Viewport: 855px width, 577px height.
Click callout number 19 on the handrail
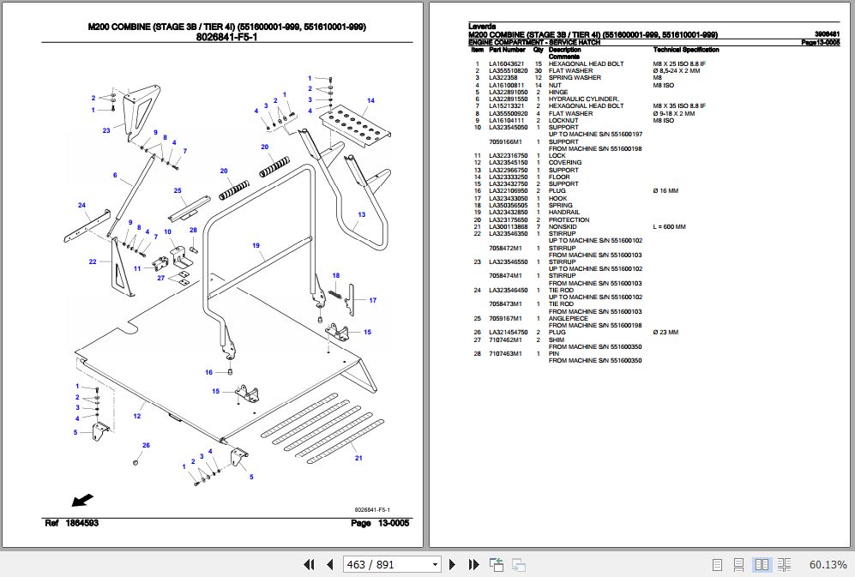256,246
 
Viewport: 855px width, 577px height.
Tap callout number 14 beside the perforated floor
370,101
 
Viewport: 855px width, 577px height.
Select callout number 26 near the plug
146,445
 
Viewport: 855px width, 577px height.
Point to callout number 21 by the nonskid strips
358,457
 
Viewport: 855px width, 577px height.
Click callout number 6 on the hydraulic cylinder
114,175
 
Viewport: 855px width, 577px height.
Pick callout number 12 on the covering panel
137,416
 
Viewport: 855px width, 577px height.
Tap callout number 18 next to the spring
336,275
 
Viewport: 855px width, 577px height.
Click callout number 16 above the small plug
208,372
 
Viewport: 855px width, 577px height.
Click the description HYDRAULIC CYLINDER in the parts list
583,99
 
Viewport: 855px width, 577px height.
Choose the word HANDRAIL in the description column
564,212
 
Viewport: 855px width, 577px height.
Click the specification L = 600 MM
670,226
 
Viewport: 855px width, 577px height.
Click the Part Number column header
507,50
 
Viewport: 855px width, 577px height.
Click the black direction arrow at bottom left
83,500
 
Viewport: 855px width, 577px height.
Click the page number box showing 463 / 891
391,564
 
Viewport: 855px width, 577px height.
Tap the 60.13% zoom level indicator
828,564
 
